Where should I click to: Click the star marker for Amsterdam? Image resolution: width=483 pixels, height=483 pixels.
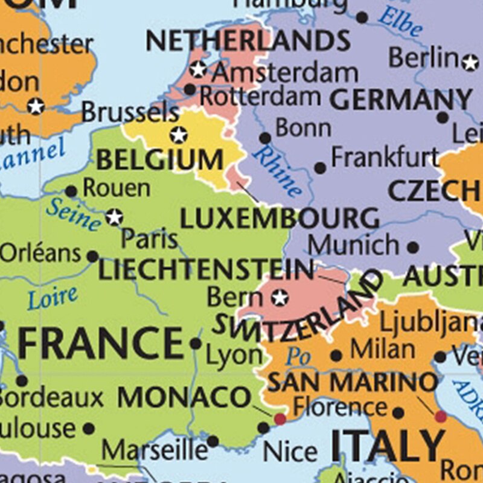(198, 70)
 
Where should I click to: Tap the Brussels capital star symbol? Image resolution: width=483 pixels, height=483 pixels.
(178, 135)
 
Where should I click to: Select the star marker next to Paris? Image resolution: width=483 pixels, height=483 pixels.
(114, 217)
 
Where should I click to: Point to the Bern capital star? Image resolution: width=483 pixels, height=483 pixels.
(279, 297)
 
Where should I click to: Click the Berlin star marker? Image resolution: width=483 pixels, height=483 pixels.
(470, 62)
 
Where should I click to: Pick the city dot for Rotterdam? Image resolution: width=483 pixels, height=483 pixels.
(190, 90)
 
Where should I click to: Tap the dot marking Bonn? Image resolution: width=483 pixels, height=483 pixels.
(264, 138)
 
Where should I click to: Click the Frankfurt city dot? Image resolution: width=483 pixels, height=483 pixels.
(320, 168)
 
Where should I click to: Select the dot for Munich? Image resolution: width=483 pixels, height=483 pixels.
(413, 248)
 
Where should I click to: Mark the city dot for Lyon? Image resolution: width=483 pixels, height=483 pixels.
(196, 344)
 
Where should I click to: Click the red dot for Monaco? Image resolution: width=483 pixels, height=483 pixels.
(280, 418)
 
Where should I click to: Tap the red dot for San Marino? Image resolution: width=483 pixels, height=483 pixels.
(441, 416)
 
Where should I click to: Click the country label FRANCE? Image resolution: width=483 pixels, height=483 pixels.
(100, 343)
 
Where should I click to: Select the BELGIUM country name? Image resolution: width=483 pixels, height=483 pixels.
(159, 161)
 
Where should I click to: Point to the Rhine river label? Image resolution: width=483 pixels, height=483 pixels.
(277, 171)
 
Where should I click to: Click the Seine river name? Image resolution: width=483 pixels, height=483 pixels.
(73, 213)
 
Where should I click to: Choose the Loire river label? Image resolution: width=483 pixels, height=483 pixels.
(53, 296)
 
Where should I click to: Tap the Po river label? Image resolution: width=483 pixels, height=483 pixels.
(298, 356)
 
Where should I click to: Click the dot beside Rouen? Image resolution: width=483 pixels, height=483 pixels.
(71, 191)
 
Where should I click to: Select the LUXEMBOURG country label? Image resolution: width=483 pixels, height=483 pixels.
(280, 218)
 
